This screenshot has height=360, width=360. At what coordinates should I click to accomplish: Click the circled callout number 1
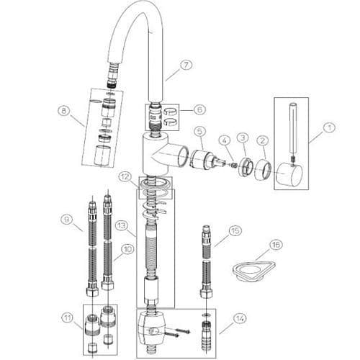pos(330,127)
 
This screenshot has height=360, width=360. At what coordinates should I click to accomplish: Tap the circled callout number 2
pos(263,140)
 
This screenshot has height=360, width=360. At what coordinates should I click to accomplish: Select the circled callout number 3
pos(243,138)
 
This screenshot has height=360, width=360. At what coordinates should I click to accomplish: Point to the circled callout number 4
pos(225,140)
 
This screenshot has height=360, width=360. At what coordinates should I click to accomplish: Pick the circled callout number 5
pos(200,131)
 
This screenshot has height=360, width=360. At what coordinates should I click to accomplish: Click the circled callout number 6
pos(199,109)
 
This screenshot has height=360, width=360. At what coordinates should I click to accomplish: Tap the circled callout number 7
pos(186,66)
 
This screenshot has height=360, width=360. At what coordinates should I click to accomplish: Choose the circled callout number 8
pos(64,111)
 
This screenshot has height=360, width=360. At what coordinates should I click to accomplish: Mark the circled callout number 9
pos(66,220)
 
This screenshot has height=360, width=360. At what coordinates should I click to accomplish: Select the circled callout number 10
pos(127,249)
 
